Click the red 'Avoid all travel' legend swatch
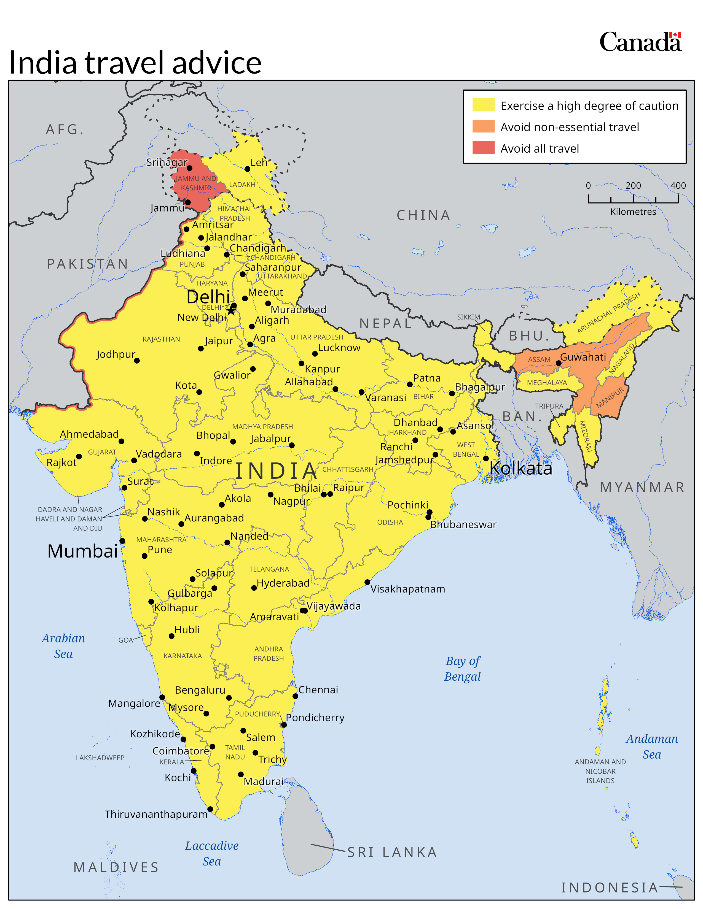(x=483, y=148)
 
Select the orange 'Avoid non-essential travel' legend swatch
(x=483, y=126)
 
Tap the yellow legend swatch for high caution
(x=483, y=105)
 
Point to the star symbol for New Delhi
(x=231, y=310)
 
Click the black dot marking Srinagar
(x=189, y=168)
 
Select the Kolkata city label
(x=520, y=469)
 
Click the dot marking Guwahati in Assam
(x=559, y=363)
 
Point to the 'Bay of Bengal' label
(x=462, y=669)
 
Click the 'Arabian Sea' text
(x=63, y=646)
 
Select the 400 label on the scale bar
(x=678, y=186)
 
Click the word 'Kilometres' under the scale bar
(x=633, y=212)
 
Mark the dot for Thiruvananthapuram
(x=210, y=809)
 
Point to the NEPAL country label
(x=385, y=323)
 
